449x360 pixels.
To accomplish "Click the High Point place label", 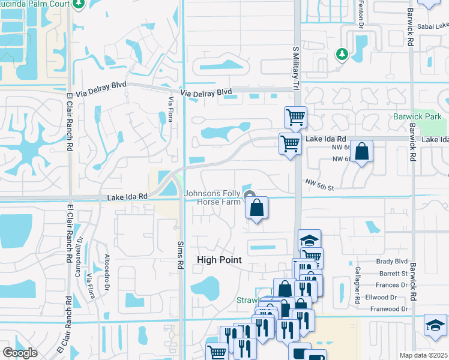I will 220,260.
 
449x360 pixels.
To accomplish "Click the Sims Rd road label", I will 179,254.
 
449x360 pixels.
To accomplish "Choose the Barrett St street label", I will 393,273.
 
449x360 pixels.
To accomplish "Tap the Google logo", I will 20,352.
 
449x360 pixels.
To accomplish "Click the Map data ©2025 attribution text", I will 423,355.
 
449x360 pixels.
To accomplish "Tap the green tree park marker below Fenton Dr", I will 342,54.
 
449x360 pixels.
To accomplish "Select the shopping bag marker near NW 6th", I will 361,152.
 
